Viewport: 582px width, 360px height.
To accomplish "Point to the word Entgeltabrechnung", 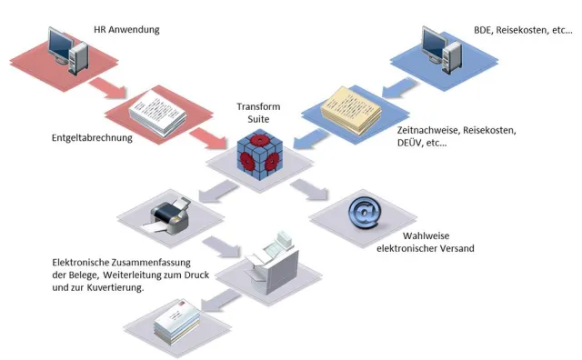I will point(92,138).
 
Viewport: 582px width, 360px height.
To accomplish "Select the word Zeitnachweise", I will point(428,131).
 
